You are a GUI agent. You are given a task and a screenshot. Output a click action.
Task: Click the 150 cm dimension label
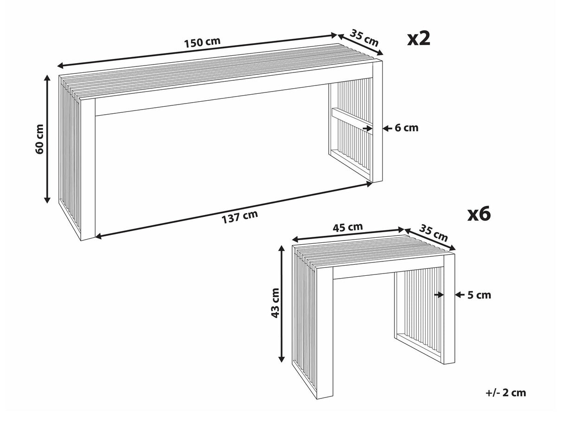point(202,42)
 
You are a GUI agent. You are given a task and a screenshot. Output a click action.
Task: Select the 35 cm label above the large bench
point(365,37)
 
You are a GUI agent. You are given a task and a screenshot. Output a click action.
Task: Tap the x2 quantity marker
point(419,39)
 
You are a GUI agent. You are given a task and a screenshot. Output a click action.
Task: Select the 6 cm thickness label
point(406,128)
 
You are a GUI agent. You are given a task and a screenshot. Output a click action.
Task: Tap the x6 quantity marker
point(478,214)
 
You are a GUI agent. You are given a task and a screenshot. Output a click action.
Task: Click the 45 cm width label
point(347,227)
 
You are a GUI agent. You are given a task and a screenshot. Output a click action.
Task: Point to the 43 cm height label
point(275,303)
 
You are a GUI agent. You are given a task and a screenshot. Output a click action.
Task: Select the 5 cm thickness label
point(479,295)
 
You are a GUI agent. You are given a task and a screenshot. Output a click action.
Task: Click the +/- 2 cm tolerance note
point(505,393)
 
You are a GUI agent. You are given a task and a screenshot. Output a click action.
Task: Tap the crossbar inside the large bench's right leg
point(352,118)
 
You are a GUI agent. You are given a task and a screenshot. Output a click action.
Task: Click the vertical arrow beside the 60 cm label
point(47,139)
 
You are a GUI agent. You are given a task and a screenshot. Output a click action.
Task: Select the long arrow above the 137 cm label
point(234,210)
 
